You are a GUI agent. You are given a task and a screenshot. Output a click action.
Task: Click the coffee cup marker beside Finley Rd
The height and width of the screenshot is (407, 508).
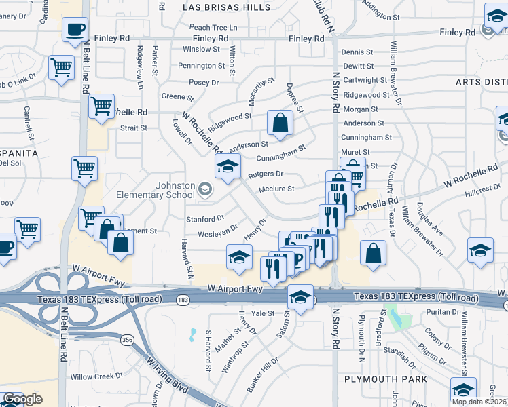[75, 30]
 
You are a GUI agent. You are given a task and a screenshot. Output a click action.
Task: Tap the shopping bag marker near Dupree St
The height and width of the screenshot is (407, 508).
[280, 123]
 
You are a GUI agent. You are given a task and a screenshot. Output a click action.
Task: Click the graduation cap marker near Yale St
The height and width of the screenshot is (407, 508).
[300, 296]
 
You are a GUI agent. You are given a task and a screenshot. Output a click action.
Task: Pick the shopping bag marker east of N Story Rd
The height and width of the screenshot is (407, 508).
[373, 253]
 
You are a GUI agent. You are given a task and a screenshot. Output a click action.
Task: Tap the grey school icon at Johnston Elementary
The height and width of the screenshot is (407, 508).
[204, 189]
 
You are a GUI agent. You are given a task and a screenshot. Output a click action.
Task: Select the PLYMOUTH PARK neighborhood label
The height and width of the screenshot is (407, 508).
[385, 379]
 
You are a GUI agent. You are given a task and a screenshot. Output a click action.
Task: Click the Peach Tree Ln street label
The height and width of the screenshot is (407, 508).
[213, 27]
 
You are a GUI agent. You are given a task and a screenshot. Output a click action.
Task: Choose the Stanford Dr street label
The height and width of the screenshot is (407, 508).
[205, 219]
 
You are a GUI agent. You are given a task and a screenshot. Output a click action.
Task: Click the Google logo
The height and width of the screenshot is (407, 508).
[22, 399]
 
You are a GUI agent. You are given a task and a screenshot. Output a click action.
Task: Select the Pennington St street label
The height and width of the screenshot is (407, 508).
[201, 66]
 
